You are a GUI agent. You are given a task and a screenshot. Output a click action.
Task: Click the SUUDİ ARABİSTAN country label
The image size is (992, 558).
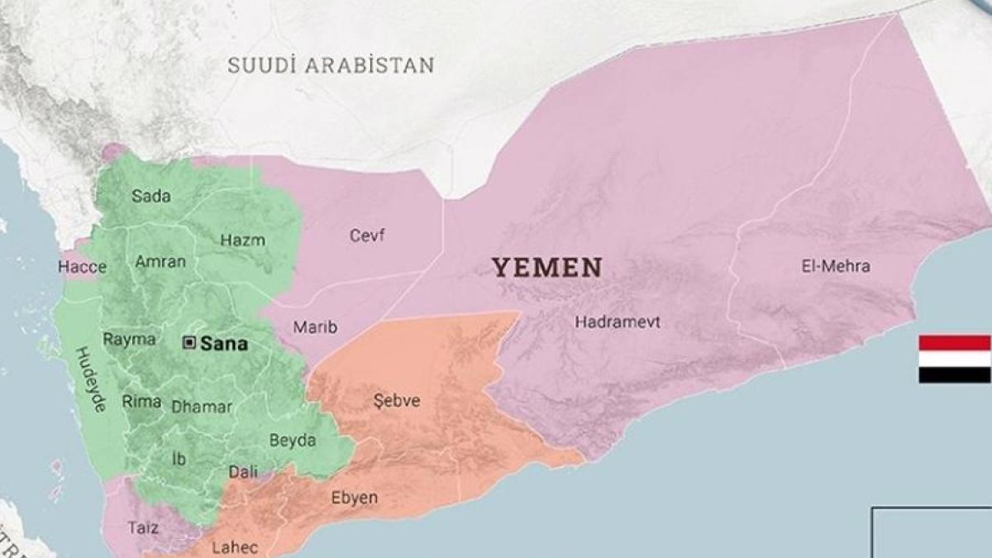click(331, 65)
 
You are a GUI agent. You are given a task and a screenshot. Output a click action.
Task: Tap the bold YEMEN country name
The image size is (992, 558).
click(547, 267)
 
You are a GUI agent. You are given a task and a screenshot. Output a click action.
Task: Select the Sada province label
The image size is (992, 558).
click(151, 196)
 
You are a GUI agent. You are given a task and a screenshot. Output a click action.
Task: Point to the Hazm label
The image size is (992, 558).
click(243, 241)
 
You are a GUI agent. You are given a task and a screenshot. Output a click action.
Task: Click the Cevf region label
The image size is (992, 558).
click(367, 236)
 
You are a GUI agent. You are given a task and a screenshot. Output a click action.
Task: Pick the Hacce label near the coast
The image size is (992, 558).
click(82, 267)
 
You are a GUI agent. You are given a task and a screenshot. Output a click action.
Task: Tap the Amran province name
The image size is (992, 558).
click(160, 262)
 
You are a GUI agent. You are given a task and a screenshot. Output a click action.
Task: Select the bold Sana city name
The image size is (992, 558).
click(224, 344)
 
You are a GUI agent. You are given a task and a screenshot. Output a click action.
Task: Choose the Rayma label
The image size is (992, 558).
click(129, 339)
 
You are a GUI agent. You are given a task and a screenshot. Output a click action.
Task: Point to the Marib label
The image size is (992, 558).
click(315, 327)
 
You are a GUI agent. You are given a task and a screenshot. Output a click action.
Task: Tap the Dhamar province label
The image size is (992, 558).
click(202, 407)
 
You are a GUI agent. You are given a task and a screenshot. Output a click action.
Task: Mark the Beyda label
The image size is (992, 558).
click(293, 441)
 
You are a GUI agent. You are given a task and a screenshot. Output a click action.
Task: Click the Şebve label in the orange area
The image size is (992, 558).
click(397, 401)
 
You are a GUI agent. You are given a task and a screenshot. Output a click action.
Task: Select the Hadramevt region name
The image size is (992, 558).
click(618, 322)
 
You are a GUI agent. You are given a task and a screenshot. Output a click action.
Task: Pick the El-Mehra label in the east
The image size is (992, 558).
click(836, 266)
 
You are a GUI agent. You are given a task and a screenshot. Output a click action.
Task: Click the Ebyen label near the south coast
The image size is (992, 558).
click(355, 498)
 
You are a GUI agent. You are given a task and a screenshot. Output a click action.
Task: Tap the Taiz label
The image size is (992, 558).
click(144, 527)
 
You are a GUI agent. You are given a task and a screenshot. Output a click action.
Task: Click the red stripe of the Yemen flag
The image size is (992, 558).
click(954, 343)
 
